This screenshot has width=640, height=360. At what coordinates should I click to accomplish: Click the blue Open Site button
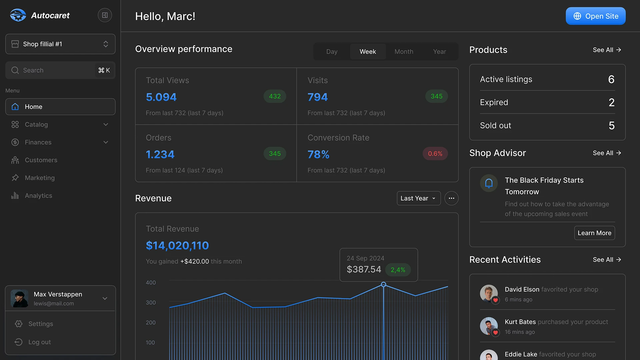pyautogui.click(x=595, y=16)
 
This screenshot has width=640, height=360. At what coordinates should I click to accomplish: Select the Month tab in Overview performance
pyautogui.click(x=404, y=52)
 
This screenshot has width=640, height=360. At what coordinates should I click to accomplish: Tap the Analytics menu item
pyautogui.click(x=38, y=196)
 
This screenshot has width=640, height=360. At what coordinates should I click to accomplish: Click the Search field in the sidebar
pyautogui.click(x=53, y=70)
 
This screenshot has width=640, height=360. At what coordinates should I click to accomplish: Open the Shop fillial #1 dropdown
pyautogui.click(x=60, y=44)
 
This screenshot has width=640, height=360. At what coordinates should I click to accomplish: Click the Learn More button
pyautogui.click(x=594, y=233)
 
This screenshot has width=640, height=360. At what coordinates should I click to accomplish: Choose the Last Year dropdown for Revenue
pyautogui.click(x=418, y=198)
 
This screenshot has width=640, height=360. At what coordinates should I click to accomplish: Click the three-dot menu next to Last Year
pyautogui.click(x=451, y=198)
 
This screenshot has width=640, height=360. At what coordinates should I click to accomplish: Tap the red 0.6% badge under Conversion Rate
pyautogui.click(x=435, y=154)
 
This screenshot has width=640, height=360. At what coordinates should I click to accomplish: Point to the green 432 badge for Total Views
pyautogui.click(x=275, y=96)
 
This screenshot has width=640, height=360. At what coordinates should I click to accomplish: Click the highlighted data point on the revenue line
pyautogui.click(x=383, y=285)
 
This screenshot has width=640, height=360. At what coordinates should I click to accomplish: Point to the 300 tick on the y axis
pyautogui.click(x=151, y=303)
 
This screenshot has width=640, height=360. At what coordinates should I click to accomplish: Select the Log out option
pyautogui.click(x=39, y=342)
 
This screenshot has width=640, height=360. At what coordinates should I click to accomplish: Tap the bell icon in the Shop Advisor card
pyautogui.click(x=489, y=183)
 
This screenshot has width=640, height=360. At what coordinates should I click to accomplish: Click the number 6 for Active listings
pyautogui.click(x=611, y=79)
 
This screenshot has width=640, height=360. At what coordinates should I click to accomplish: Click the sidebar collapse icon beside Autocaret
pyautogui.click(x=105, y=15)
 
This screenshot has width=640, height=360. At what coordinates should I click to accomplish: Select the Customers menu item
pyautogui.click(x=41, y=160)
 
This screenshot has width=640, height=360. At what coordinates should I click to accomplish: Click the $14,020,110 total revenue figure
pyautogui.click(x=177, y=246)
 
